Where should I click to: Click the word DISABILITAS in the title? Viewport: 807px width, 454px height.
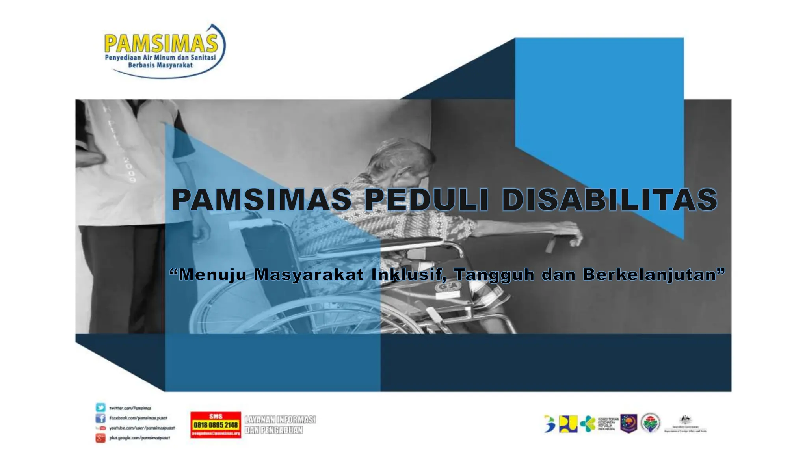pyautogui.click(x=609, y=199)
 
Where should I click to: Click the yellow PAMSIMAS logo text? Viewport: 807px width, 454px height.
pyautogui.click(x=161, y=43)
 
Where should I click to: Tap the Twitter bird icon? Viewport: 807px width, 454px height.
pyautogui.click(x=100, y=407)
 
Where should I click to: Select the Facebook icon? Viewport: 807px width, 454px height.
pyautogui.click(x=100, y=418)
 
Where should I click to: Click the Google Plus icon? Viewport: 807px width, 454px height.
pyautogui.click(x=100, y=437)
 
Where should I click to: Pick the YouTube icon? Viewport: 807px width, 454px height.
pyautogui.click(x=101, y=428)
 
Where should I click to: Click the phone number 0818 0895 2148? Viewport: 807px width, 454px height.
pyautogui.click(x=216, y=425)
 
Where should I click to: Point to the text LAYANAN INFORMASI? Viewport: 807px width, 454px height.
pyautogui.click(x=280, y=420)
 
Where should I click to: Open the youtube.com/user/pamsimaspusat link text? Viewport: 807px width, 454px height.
pyautogui.click(x=142, y=428)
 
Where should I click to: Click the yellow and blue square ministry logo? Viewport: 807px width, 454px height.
pyautogui.click(x=568, y=424)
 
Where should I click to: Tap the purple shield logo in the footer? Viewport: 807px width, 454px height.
pyautogui.click(x=628, y=424)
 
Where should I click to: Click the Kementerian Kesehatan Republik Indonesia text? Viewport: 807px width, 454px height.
pyautogui.click(x=608, y=424)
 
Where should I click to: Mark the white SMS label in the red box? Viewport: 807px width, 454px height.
pyautogui.click(x=216, y=416)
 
